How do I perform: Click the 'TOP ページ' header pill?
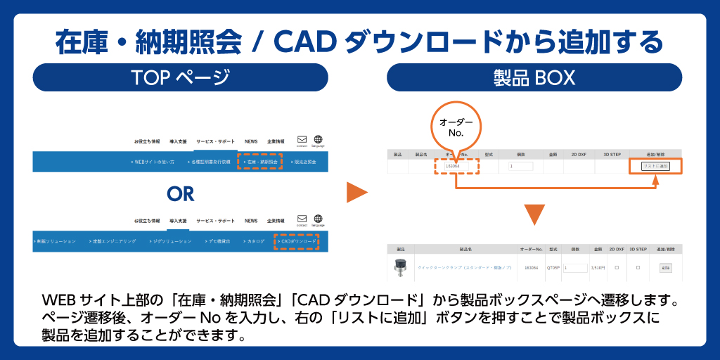click(x=180, y=77)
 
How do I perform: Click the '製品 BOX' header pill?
click(x=534, y=77)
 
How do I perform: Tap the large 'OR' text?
click(x=180, y=193)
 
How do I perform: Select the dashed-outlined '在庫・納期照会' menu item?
click(x=260, y=162)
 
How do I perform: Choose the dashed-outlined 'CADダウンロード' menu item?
click(x=296, y=242)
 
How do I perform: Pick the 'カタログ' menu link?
click(x=255, y=242)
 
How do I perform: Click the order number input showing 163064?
click(x=456, y=166)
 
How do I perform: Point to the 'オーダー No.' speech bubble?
click(x=456, y=127)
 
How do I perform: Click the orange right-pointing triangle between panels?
click(x=357, y=193)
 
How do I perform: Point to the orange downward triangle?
click(x=534, y=214)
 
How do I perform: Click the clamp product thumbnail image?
click(x=401, y=267)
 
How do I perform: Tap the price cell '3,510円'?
click(x=598, y=268)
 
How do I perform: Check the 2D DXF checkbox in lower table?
click(x=617, y=268)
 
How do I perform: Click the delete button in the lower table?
click(x=664, y=268)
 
